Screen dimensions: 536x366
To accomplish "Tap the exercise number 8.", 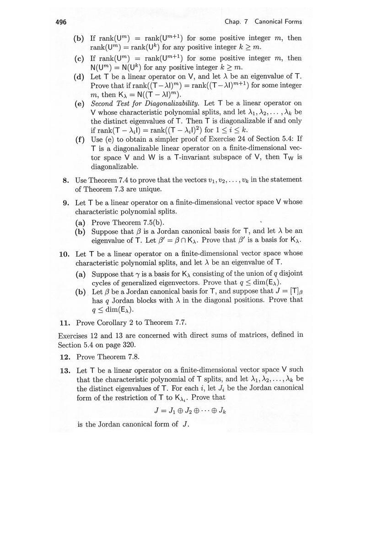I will tap(66, 179).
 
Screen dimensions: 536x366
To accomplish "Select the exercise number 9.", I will tap(66, 202).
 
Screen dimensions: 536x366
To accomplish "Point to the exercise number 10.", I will tap(64, 253).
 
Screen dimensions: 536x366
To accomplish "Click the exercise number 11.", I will tap(64, 322).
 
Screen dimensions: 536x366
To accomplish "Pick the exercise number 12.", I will tap(64, 356).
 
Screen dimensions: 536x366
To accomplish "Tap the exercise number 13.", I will tap(64, 370).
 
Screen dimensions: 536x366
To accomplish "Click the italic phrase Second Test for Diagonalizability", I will tap(145, 103).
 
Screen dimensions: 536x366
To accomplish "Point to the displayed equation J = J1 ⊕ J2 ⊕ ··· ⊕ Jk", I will tap(191, 410).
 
